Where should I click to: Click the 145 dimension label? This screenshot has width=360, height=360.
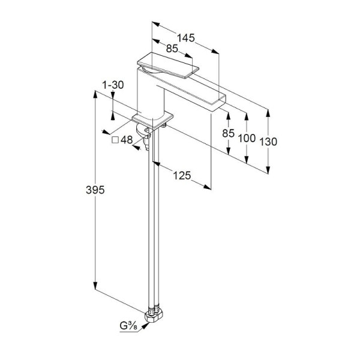click(186, 38)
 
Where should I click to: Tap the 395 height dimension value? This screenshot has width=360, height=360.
click(95, 190)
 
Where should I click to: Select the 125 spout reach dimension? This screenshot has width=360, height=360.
click(182, 176)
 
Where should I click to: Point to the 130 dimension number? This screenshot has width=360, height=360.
click(268, 142)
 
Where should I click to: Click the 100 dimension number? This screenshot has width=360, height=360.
click(247, 138)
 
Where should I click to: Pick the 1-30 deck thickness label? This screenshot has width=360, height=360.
click(113, 85)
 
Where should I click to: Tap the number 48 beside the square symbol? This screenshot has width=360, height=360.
click(127, 140)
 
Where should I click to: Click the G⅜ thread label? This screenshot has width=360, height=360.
click(128, 326)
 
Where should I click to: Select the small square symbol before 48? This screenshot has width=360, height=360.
click(115, 140)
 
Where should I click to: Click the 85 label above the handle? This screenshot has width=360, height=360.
click(172, 49)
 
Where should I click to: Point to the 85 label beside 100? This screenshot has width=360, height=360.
click(228, 133)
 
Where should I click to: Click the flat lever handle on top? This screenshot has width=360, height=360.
click(168, 65)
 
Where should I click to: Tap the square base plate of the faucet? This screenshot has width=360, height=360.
click(152, 121)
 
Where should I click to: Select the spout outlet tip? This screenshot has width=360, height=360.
click(218, 103)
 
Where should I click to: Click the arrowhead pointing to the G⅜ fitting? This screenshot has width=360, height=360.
click(145, 326)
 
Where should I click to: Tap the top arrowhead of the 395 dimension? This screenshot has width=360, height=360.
click(95, 94)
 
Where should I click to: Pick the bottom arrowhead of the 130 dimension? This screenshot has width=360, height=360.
click(268, 170)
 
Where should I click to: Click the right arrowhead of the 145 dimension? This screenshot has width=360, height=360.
click(215, 52)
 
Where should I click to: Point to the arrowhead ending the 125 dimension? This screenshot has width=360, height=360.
click(208, 187)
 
